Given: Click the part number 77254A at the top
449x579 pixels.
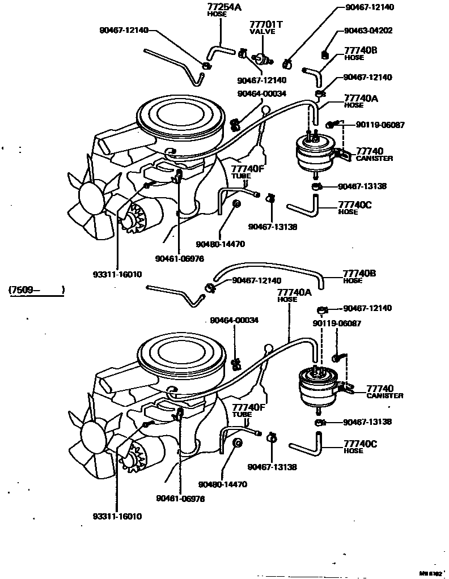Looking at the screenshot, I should [217, 7].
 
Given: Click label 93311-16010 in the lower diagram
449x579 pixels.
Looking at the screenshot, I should [117, 516].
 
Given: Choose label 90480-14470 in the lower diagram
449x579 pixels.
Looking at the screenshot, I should [222, 484].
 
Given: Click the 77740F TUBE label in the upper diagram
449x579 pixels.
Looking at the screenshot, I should [248, 171].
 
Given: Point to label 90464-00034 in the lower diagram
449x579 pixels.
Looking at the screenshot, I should [234, 320].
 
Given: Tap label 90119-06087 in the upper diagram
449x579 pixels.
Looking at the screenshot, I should [380, 124].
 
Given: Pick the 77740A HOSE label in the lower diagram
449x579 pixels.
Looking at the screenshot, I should [294, 295].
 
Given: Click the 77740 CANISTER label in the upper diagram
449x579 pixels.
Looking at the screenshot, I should [374, 154].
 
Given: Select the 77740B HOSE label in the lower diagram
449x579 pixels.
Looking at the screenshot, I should [360, 276].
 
